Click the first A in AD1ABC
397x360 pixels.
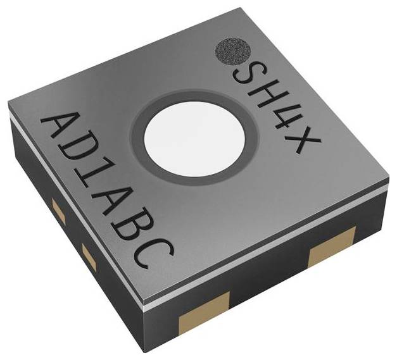click(x=60, y=130)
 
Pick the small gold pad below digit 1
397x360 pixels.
click(x=88, y=256)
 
